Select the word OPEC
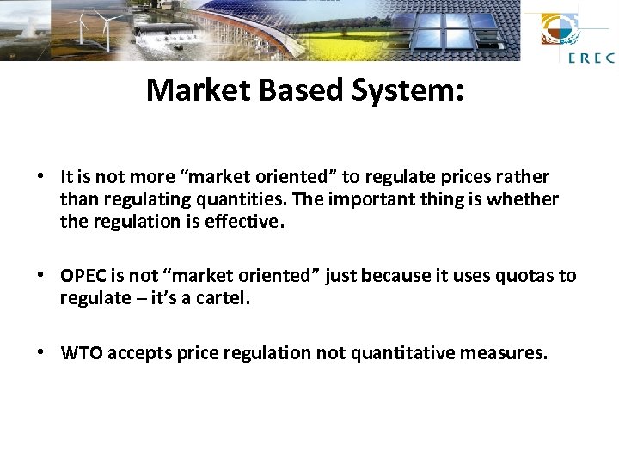pos(82,277)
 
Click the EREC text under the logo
pos(591,58)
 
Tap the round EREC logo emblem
pos(560,30)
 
